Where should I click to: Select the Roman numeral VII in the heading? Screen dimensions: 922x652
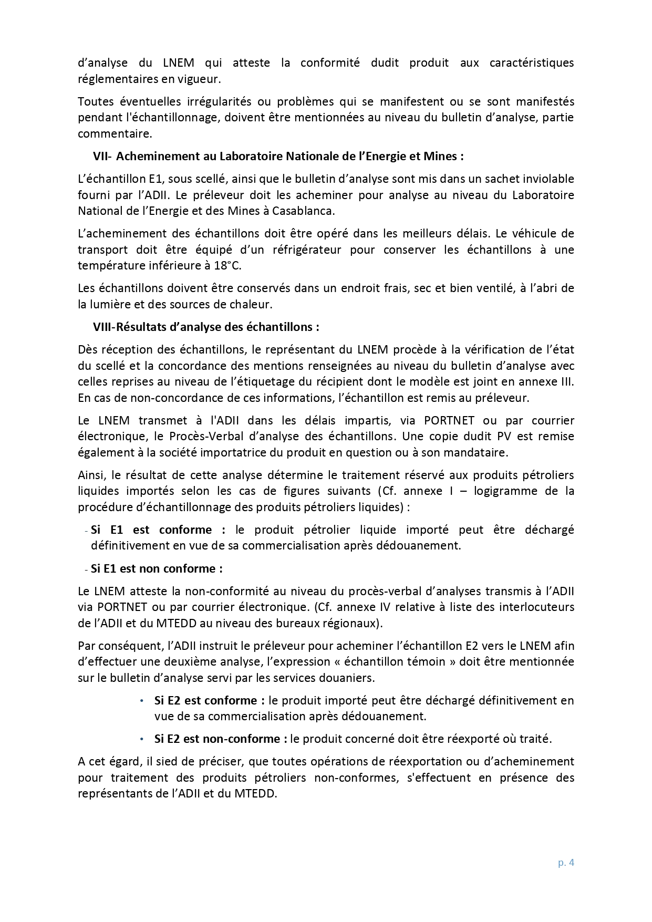coord(99,157)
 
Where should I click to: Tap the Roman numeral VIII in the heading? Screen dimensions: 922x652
coord(102,327)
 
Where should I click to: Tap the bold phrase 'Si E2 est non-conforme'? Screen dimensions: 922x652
coord(220,739)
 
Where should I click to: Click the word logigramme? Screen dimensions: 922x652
coord(518,491)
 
